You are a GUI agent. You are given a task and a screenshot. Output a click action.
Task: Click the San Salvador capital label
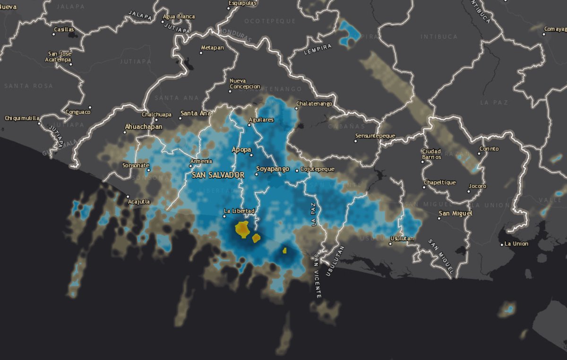coord(218,175)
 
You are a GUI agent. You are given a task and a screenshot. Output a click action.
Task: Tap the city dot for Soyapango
coord(257,174)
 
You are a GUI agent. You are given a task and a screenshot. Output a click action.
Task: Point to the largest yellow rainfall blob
coord(243,229)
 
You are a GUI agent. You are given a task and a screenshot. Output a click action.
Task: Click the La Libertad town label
coord(240,211)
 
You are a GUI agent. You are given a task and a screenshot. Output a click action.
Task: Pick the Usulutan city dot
coord(390,244)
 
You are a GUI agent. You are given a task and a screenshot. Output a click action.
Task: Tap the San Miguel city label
coord(455,214)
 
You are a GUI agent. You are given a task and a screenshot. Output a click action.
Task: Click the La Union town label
coord(516,244)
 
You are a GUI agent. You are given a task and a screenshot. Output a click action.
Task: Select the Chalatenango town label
coord(314,103)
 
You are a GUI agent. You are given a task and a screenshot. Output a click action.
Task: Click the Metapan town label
coord(212,48)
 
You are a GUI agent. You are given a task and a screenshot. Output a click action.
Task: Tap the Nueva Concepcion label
coord(245,84)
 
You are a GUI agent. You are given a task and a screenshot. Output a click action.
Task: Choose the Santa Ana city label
coord(195,113)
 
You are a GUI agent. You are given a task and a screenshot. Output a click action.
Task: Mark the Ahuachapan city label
coord(143,127)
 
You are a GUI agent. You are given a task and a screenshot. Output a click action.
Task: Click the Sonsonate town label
coord(136,165)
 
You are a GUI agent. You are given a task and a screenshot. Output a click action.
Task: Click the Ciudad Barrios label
coord(431,154)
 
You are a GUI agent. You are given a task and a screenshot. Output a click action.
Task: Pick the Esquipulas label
coord(242,3)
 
